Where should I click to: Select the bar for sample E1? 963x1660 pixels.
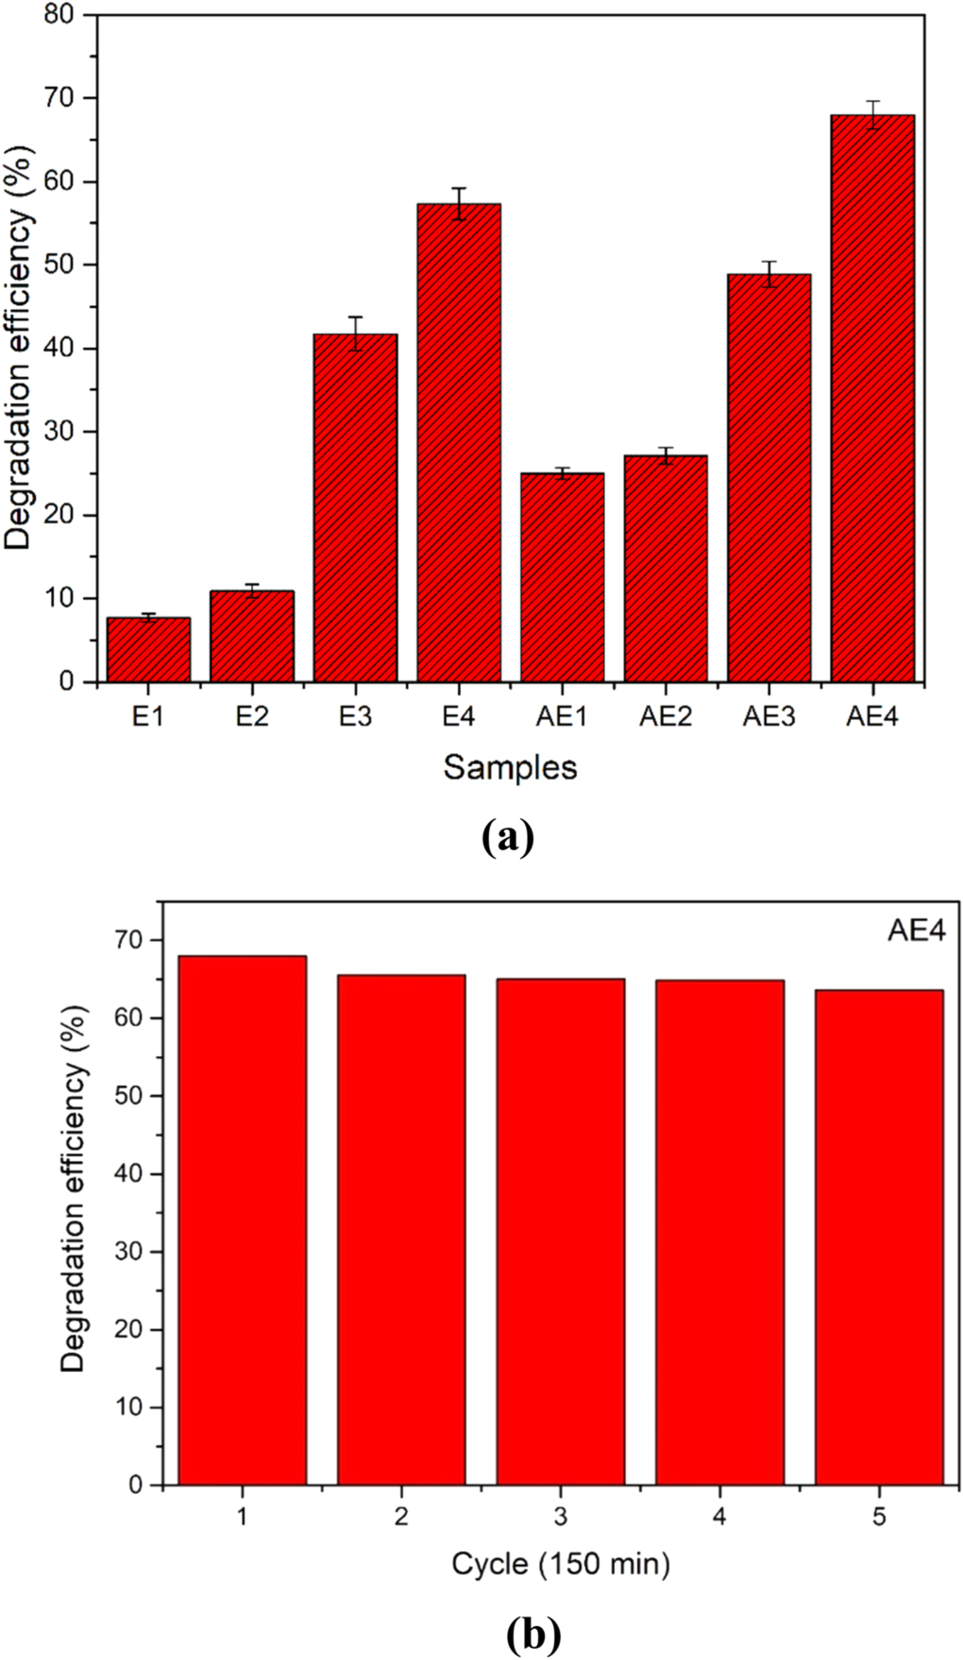tap(148, 650)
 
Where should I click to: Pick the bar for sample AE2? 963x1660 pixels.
tap(666, 568)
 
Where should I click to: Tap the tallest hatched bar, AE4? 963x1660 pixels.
tap(872, 398)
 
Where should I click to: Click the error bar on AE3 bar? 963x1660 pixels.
tap(769, 274)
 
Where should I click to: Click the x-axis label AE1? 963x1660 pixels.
tap(562, 717)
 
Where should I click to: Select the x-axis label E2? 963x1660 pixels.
tap(252, 717)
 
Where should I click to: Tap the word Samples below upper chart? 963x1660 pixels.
tap(510, 767)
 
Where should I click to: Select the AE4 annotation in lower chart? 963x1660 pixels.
tap(915, 932)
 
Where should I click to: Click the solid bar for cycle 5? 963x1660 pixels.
tap(879, 1237)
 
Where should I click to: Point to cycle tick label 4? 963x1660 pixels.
tap(719, 1516)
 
